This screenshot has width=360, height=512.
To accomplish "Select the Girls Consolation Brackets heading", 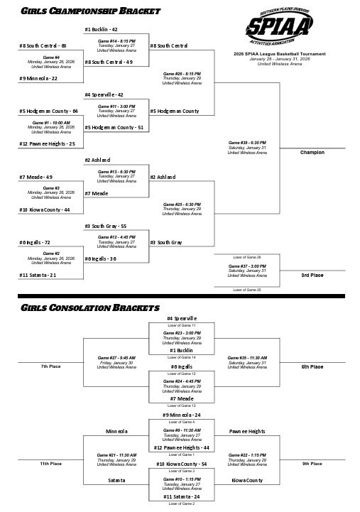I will (x=89, y=308).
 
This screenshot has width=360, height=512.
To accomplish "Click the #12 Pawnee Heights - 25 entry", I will (x=48, y=143).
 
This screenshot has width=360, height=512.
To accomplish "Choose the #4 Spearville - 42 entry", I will (x=104, y=94).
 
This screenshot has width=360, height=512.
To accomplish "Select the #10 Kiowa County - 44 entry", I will (x=45, y=209).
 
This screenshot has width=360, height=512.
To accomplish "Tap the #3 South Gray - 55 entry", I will (x=106, y=226).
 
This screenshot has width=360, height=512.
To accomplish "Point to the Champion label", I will (x=312, y=153).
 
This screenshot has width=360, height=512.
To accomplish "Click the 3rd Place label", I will (x=312, y=275).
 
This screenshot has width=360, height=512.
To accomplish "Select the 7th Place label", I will (x=51, y=366).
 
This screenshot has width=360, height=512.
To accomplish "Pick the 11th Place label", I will (x=51, y=464).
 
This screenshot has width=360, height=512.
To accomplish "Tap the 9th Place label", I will (x=312, y=464).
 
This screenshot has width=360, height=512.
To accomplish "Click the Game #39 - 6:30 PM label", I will (x=247, y=143).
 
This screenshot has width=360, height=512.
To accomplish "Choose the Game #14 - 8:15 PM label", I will (x=116, y=41).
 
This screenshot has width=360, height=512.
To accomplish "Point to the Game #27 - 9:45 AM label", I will (x=116, y=357).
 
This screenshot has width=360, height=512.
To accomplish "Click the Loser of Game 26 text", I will (x=247, y=256).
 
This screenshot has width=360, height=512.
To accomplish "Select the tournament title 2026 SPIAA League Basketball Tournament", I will (x=279, y=54).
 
